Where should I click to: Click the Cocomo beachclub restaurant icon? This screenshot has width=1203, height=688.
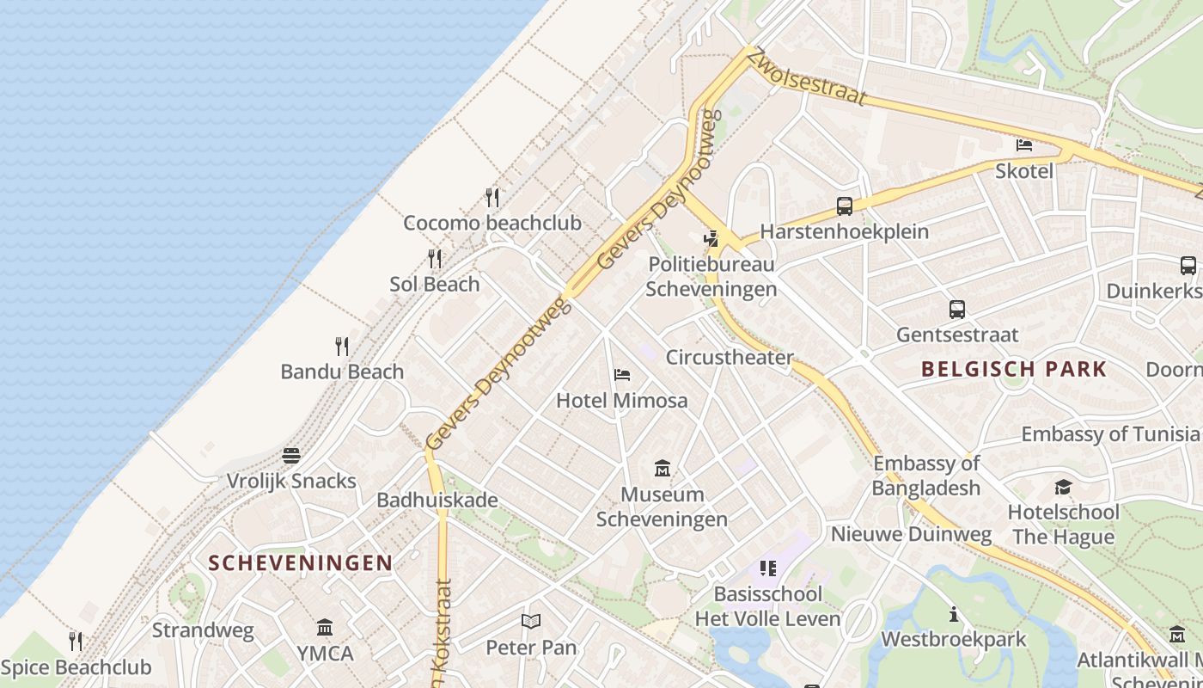tap(492, 198)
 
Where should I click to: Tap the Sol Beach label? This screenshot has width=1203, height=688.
tap(435, 284)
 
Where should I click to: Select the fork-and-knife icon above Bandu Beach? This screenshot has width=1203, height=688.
tap(342, 347)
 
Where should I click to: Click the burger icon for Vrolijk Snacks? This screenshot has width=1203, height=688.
tap(291, 455)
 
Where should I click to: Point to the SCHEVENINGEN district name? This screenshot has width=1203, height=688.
tap(301, 563)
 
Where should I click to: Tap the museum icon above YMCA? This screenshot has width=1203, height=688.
tap(325, 627)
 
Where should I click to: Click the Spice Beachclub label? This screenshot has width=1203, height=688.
tap(76, 667)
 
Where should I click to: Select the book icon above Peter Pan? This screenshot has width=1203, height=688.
tap(531, 621)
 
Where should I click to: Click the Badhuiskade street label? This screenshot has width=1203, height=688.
tap(437, 501)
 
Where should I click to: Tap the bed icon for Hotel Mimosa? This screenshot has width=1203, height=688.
tap(622, 374)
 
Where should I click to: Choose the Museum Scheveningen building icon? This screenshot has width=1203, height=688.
tap(663, 469)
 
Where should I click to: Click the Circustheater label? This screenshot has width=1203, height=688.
tap(730, 357)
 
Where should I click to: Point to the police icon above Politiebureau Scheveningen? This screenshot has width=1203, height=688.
tap(711, 238)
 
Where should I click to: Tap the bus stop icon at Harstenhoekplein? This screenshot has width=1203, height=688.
tap(845, 206)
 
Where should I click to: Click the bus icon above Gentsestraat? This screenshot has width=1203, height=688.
tap(956, 310)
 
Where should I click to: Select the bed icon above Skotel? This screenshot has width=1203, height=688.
tap(1024, 144)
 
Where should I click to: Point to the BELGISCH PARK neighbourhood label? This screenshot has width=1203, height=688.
tap(1014, 370)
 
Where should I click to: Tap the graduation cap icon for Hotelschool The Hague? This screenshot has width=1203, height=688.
tap(1064, 488)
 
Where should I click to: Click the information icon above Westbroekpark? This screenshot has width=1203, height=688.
tap(954, 614)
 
